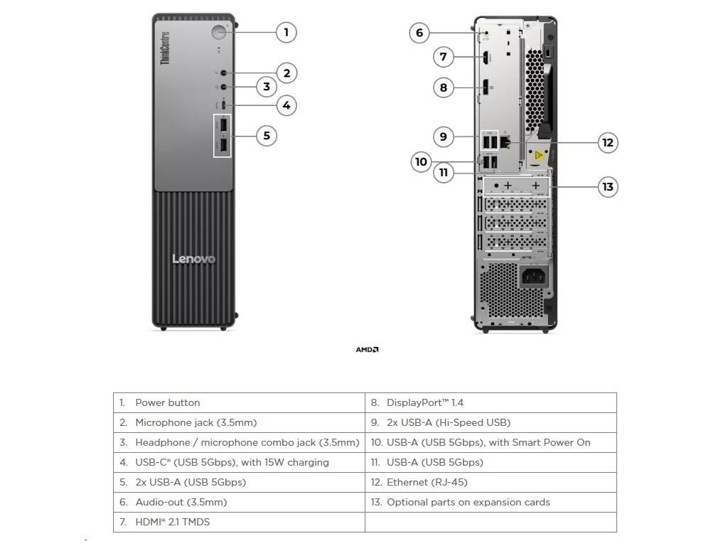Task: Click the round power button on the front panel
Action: (219, 32)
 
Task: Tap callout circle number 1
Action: (286, 32)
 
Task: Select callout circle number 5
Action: (266, 135)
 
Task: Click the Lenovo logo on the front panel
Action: (193, 259)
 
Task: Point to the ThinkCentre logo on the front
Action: (164, 48)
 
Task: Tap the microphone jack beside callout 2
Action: (225, 73)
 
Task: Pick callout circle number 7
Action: (443, 56)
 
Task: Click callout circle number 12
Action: (607, 142)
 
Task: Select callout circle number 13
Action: (607, 187)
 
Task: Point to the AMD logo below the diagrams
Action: (367, 350)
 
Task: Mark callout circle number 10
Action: (421, 162)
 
